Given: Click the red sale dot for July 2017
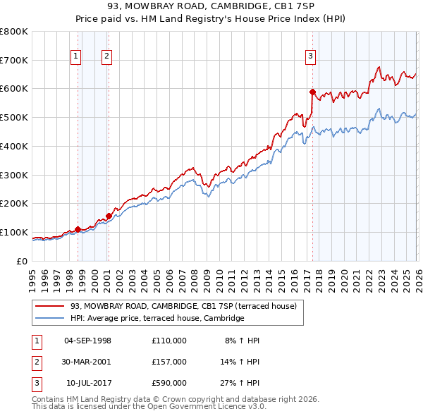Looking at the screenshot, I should (312, 91).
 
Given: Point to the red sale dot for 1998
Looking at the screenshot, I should (78, 228).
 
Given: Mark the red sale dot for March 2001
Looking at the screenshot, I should (109, 215).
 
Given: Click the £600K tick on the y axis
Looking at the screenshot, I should (13, 89).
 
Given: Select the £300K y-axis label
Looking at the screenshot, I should (13, 175).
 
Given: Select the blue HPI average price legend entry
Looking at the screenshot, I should (157, 319).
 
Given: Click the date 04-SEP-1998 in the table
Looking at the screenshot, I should (87, 341).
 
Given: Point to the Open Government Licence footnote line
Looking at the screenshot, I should (149, 407).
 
